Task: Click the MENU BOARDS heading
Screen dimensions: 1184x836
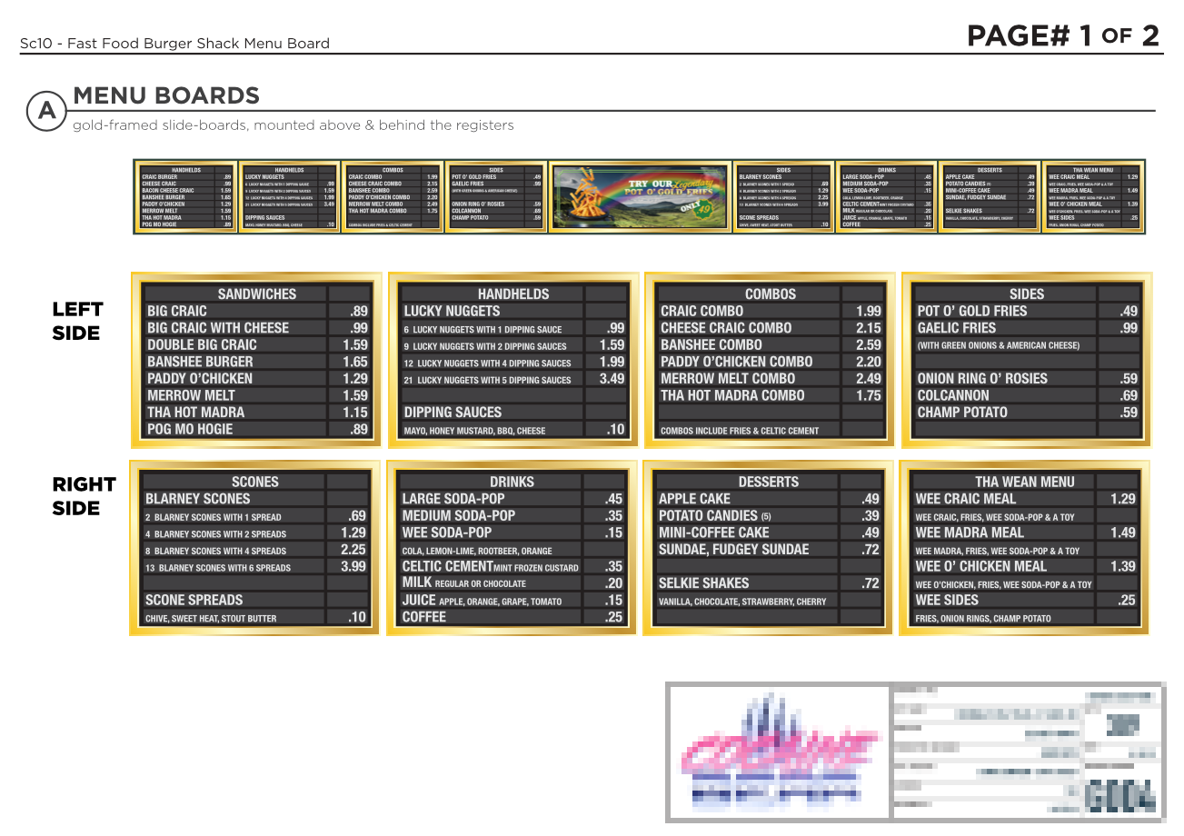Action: (166, 95)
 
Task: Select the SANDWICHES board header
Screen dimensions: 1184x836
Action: (256, 294)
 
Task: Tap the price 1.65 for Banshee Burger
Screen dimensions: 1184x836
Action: (355, 362)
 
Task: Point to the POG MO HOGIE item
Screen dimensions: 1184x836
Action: (190, 429)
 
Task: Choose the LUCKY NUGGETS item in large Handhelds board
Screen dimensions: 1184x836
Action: (452, 312)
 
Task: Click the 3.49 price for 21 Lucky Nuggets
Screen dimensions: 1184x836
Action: (612, 379)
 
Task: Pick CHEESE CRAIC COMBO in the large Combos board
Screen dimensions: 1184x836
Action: (725, 328)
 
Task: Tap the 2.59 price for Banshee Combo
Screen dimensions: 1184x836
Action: (868, 345)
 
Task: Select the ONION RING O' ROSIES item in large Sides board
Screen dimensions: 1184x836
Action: (982, 379)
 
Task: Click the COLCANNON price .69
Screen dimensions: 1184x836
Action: (1129, 395)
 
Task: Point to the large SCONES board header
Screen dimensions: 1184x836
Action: (255, 483)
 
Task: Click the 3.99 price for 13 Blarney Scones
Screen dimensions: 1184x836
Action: (353, 567)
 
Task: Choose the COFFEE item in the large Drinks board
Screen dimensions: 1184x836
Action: (424, 617)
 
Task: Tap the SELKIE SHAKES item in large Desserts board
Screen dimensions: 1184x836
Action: (703, 583)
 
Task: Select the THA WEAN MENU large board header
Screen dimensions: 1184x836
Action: (1024, 483)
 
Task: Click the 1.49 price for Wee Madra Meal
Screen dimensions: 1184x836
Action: (1122, 532)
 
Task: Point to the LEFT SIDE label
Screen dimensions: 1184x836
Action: (77, 321)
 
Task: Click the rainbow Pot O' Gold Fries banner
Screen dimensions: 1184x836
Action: (640, 196)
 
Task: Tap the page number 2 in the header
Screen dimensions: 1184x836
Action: (1150, 36)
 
